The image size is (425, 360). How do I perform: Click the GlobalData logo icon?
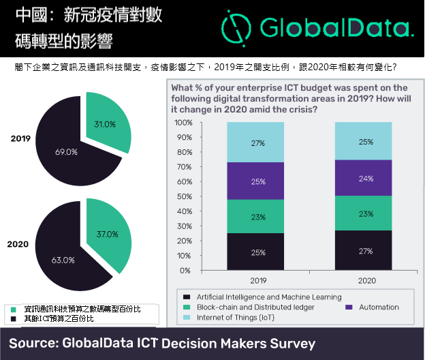(x=234, y=27)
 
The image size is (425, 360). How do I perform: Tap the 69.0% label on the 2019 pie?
(x=66, y=151)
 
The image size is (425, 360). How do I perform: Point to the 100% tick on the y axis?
(x=183, y=123)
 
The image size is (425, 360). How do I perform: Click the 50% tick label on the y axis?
(x=185, y=196)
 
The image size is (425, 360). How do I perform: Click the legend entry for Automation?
(x=374, y=307)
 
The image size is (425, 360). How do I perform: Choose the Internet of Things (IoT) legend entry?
(x=235, y=318)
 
